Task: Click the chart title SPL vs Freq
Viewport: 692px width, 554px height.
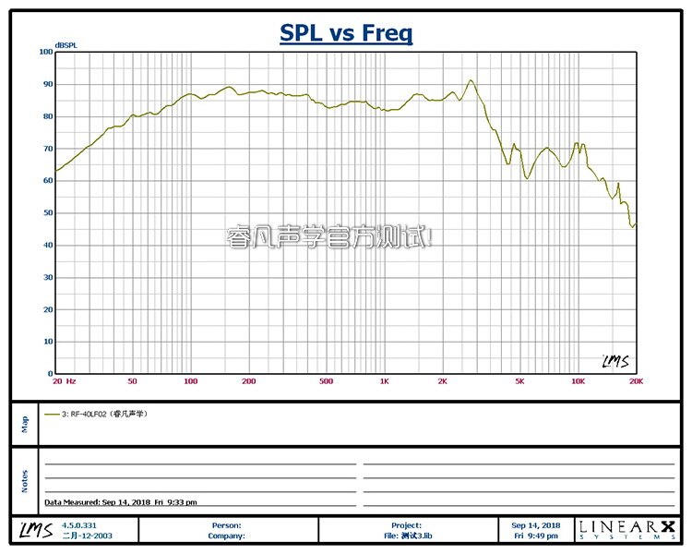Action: tap(346, 34)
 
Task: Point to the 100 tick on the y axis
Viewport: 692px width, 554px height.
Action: tap(46, 52)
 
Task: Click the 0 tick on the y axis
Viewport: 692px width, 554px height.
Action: tap(50, 374)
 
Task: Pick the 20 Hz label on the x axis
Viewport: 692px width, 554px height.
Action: tap(64, 380)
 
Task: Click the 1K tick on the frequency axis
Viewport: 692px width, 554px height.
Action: tap(384, 380)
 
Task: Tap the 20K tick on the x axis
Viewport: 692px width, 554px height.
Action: tap(634, 380)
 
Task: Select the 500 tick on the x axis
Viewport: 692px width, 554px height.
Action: tap(326, 380)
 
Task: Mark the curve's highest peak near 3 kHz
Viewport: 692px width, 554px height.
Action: tap(471, 80)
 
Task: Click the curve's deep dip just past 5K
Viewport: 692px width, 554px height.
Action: tap(527, 177)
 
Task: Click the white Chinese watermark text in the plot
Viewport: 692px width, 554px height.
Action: tap(328, 237)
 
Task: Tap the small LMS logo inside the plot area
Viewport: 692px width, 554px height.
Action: tap(614, 361)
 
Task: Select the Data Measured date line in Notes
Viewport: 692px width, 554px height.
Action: tap(120, 502)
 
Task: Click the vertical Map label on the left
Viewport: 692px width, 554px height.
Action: tap(25, 423)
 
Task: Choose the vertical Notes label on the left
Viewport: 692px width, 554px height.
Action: tap(25, 480)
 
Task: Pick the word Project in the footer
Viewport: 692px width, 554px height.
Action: tap(406, 524)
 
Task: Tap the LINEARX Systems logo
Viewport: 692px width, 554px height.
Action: tap(626, 529)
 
